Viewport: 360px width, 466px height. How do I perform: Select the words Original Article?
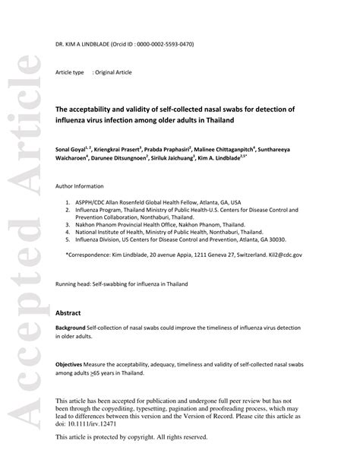point(112,72)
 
